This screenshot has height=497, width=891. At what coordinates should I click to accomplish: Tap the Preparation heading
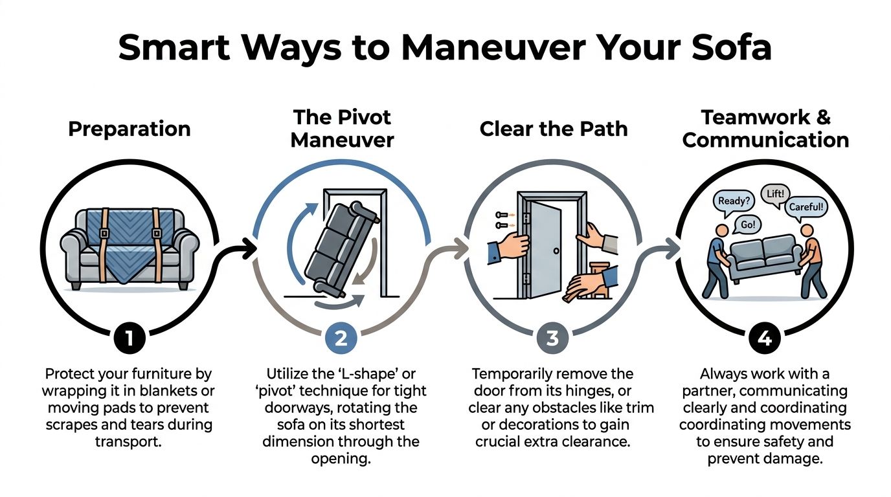point(129,128)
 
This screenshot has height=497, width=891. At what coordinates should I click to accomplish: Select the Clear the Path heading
point(554,128)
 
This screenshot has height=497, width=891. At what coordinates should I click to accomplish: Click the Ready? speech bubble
point(734,201)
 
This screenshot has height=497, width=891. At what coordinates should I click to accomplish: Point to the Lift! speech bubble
point(776,193)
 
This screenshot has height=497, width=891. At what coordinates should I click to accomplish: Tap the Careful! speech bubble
point(806,208)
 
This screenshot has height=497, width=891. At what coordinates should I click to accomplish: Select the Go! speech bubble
point(747,225)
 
